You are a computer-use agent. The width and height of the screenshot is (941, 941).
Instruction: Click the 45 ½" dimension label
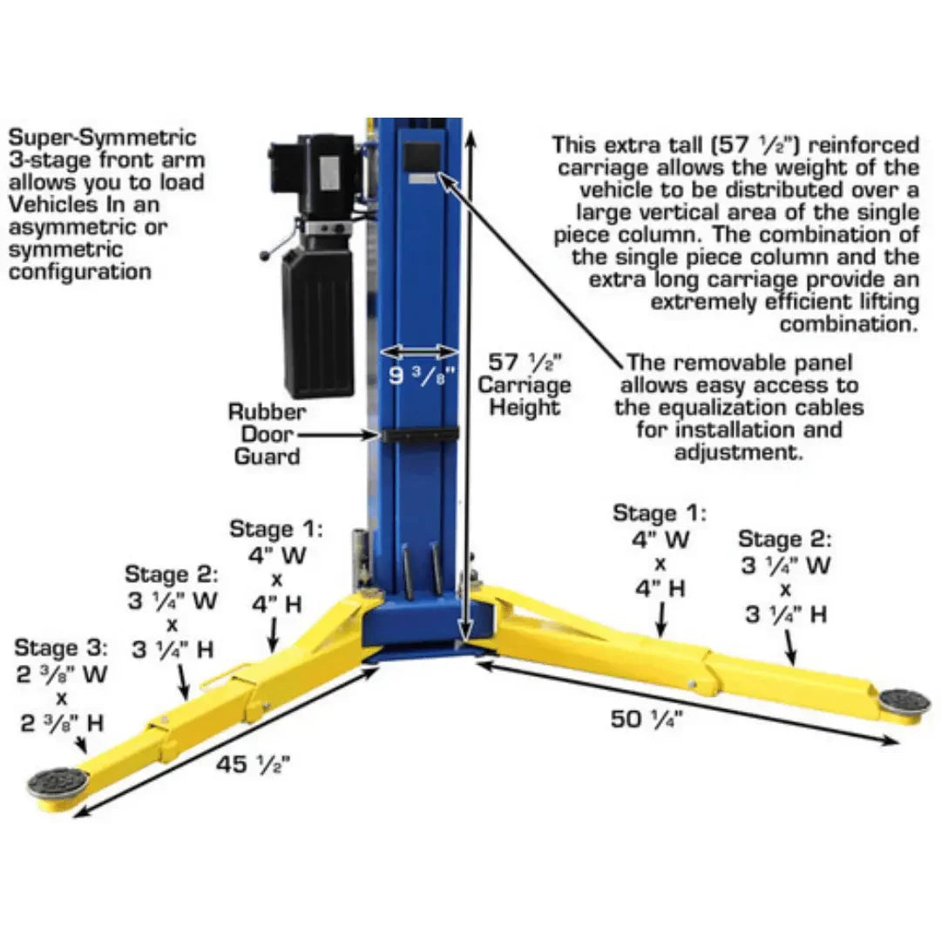[x=253, y=765]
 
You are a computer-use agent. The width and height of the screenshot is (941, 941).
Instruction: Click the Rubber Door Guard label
[x=267, y=434]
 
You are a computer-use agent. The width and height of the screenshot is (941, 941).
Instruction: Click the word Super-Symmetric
[x=103, y=139]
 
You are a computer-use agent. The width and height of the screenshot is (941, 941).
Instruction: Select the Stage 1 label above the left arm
[x=275, y=529]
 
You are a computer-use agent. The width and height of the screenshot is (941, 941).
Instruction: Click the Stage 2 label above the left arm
[x=171, y=575]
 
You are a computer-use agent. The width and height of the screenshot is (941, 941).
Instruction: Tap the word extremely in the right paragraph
[x=714, y=302]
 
